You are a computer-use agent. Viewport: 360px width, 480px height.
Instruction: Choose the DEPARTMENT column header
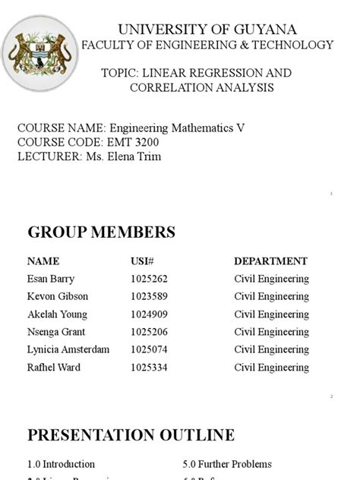[270, 261]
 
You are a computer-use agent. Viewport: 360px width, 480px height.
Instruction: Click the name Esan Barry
[51, 278]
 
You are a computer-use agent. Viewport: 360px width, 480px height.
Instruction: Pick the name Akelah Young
[57, 314]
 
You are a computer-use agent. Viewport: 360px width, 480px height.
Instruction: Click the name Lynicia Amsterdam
[68, 349]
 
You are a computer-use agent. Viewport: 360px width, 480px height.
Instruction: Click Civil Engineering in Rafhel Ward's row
[271, 368]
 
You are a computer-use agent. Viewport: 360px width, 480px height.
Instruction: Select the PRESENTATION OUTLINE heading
[131, 435]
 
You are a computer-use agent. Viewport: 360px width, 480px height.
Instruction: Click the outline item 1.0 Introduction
[62, 463]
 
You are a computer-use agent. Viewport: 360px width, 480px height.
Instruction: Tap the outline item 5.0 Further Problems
[227, 463]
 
